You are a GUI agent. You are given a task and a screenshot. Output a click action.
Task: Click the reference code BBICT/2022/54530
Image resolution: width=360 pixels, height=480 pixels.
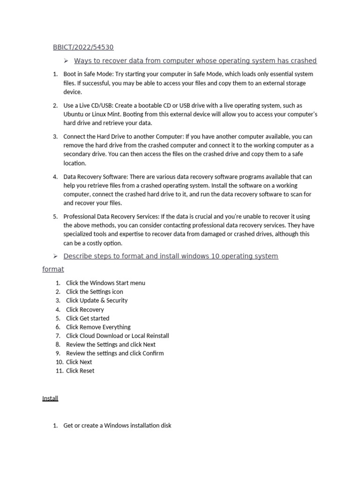83,47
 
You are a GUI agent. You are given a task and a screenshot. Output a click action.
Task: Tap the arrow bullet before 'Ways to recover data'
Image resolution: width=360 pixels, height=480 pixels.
67,60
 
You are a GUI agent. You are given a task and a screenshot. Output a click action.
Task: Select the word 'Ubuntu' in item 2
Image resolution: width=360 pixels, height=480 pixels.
74,114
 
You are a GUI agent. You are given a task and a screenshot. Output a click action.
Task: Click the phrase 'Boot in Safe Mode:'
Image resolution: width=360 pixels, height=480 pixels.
88,74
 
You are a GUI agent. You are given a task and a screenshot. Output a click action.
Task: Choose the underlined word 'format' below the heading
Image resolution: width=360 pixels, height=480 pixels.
53,270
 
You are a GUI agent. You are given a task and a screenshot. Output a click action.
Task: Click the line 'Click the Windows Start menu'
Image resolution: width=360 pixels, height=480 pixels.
105,283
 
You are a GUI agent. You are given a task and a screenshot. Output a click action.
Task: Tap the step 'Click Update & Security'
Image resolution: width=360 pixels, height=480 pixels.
97,300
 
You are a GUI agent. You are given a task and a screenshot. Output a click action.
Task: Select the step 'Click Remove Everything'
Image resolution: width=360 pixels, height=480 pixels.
98,327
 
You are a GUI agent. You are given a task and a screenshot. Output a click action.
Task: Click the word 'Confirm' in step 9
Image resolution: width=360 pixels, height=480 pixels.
153,353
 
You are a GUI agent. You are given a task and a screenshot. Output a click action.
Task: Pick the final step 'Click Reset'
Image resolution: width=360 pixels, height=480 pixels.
80,371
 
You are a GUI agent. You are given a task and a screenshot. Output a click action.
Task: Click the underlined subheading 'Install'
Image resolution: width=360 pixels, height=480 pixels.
50,398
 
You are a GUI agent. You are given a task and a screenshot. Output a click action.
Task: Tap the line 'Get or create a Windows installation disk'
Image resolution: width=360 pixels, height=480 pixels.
117,426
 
